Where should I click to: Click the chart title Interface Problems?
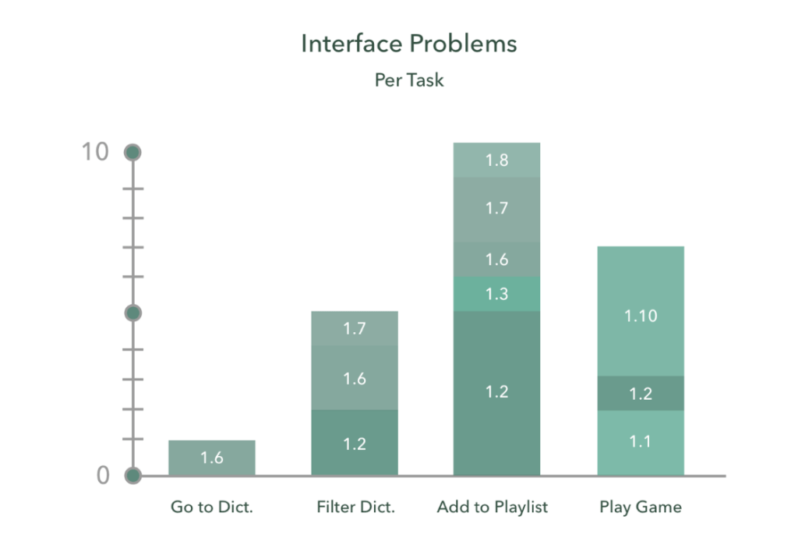[408, 44]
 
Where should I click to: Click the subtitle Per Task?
[409, 80]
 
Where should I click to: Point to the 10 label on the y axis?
[95, 152]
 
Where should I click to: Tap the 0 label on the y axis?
[103, 476]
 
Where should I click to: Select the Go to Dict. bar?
[212, 458]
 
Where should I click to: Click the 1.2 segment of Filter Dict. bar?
[355, 443]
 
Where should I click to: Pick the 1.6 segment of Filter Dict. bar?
[355, 378]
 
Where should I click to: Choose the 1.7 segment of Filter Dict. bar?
[355, 328]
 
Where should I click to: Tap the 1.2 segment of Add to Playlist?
[496, 392]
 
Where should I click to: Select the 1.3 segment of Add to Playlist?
[496, 294]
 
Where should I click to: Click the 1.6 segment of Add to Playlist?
[496, 260]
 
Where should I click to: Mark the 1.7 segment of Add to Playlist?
[496, 209]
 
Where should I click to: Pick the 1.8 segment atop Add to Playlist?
[496, 161]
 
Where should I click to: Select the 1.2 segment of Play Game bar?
[641, 394]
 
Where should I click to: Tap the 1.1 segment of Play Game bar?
[641, 442]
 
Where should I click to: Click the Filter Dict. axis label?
[356, 507]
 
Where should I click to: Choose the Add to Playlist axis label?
[493, 507]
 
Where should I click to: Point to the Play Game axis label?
[641, 507]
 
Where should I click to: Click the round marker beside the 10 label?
[133, 153]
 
